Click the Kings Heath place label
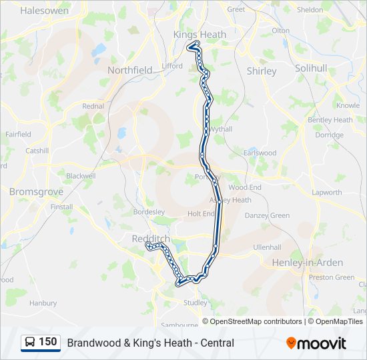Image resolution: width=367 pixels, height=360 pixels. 200,35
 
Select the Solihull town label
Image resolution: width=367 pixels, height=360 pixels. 311,69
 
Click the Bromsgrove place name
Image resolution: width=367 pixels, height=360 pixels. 36,191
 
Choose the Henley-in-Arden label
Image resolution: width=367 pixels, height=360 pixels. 307,263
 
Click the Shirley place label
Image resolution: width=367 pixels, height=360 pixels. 262,71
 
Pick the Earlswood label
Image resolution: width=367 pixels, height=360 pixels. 260,153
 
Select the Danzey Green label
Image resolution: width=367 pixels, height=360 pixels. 267,215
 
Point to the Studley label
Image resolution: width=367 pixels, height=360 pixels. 196,303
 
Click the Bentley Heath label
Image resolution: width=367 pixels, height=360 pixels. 330,120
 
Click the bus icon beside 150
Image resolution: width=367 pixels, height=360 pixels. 30,343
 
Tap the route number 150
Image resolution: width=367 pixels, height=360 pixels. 48,342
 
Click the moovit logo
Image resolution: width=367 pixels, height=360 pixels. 316,343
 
